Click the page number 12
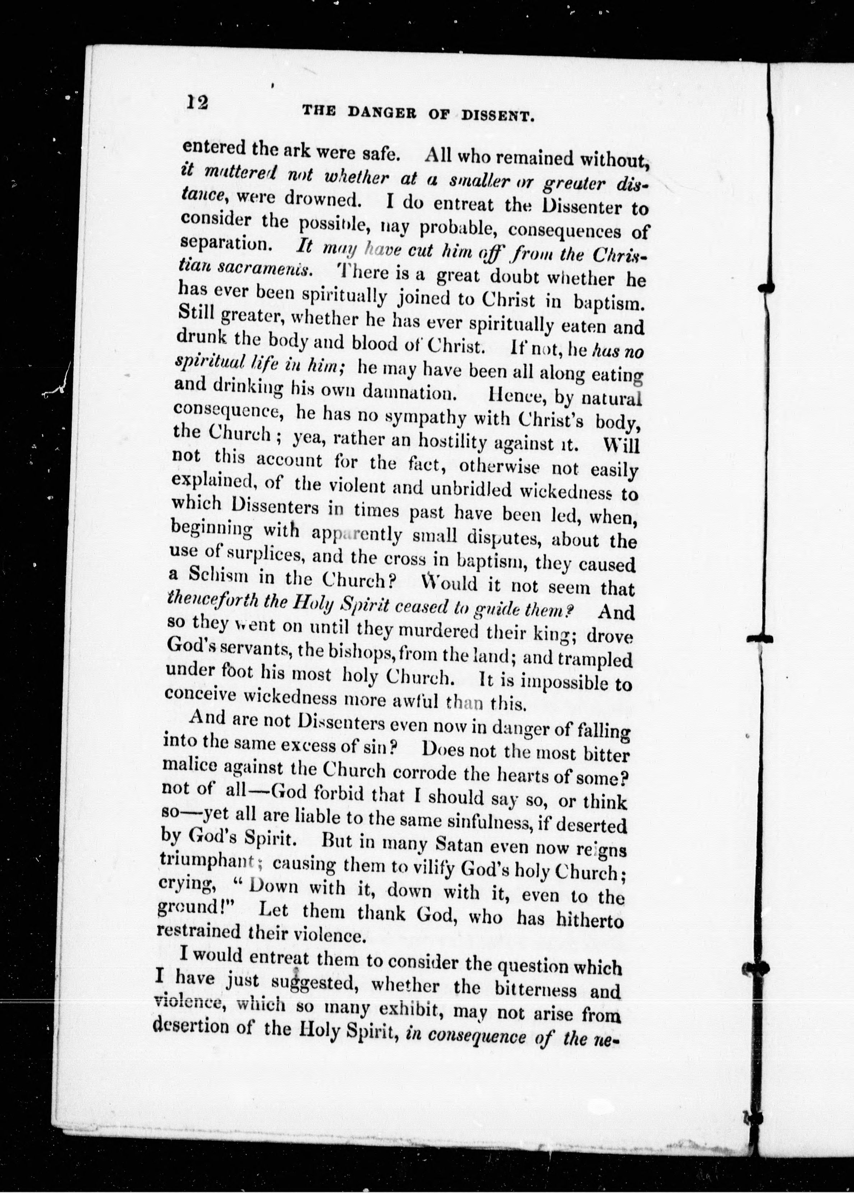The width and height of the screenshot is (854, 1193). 197,101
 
